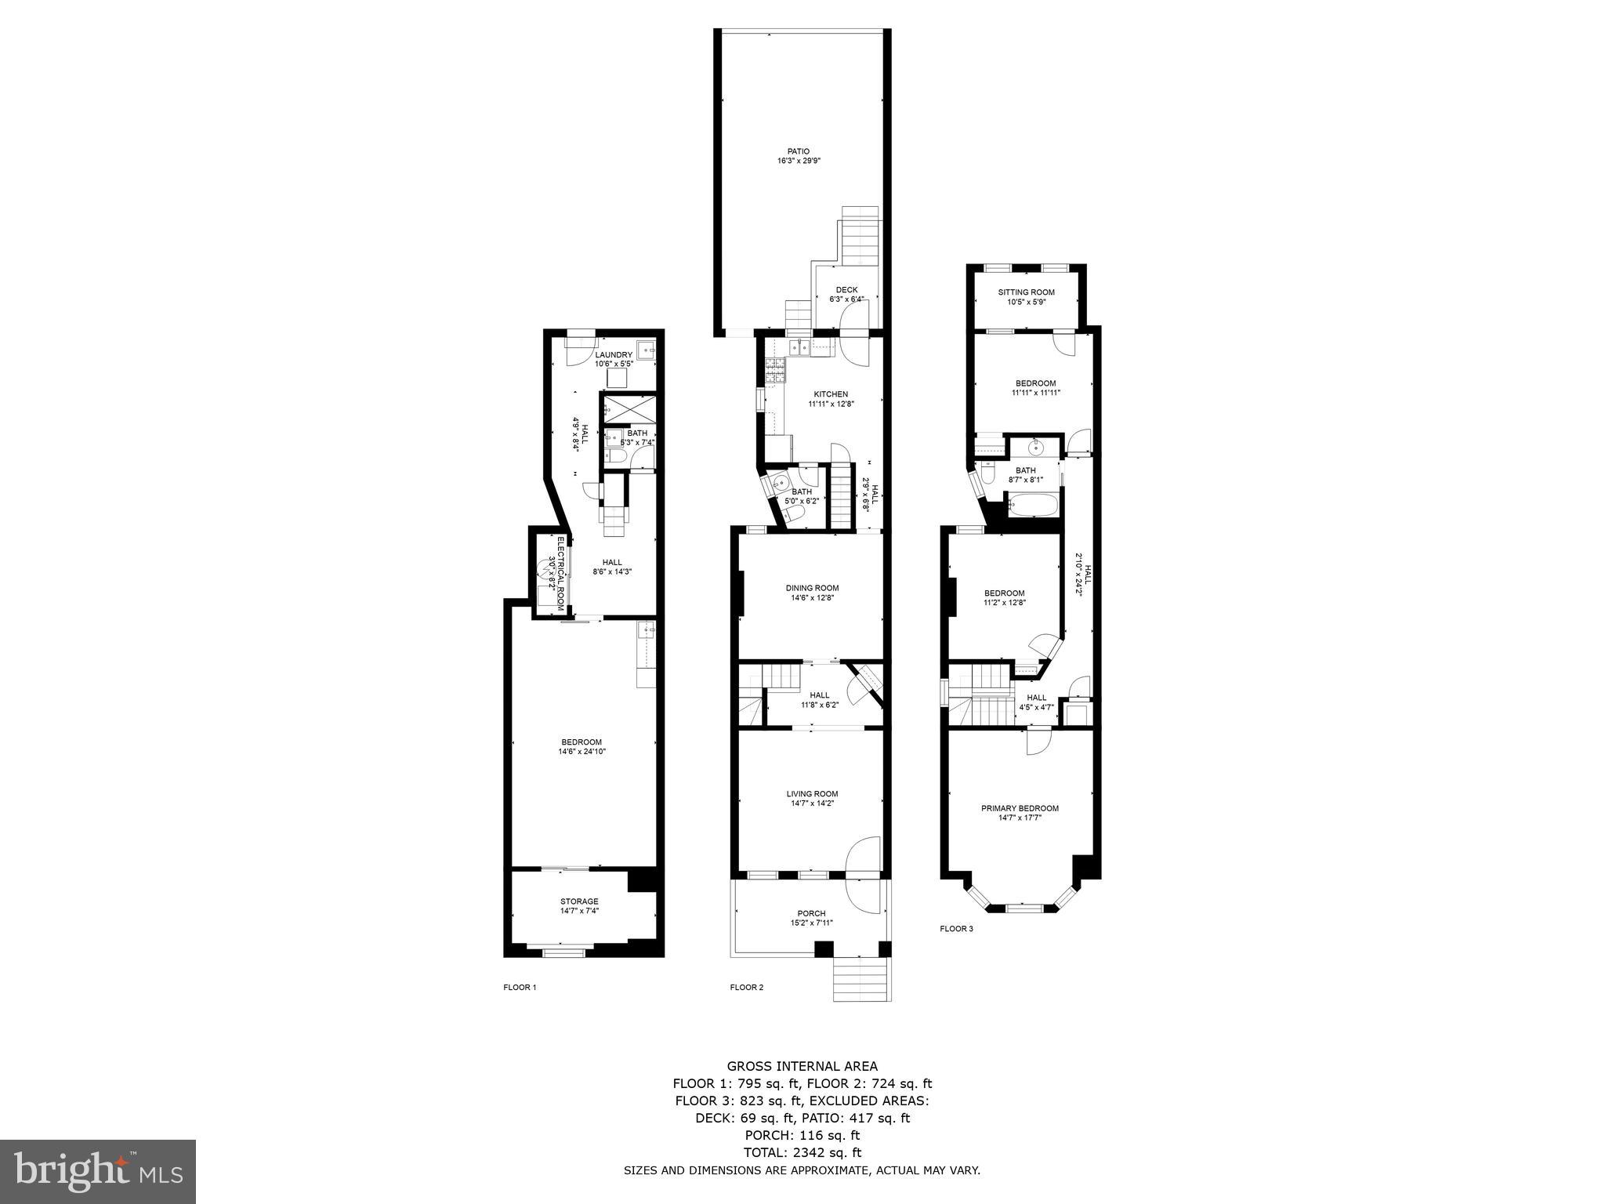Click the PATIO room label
(x=799, y=151)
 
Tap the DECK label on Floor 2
(x=846, y=290)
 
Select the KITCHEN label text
(x=830, y=394)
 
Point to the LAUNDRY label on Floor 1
(x=613, y=355)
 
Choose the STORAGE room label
(x=579, y=901)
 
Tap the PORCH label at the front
(x=811, y=913)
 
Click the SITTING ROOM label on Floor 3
(x=1026, y=292)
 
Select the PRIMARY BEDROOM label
(x=1020, y=808)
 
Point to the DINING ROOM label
(x=812, y=588)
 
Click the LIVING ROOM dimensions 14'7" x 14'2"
(x=812, y=803)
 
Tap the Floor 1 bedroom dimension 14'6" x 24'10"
(x=581, y=752)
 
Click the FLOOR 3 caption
(x=956, y=929)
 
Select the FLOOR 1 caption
(x=520, y=988)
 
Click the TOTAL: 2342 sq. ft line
(x=802, y=1152)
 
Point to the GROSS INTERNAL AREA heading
(x=802, y=1066)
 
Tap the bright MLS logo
(x=98, y=1172)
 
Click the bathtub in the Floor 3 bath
(x=1034, y=505)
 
